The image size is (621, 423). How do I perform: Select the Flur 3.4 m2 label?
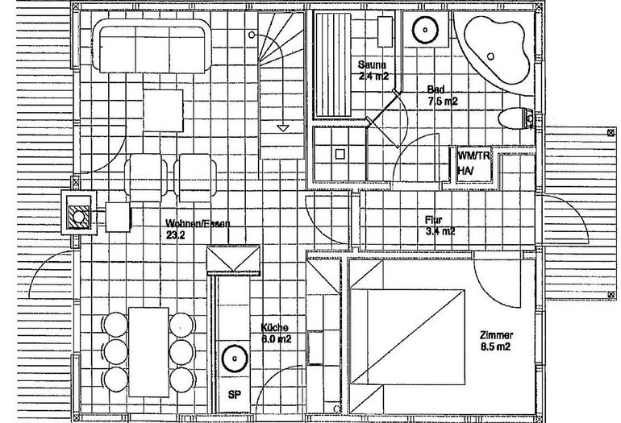(440, 225)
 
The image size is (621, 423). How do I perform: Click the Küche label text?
(274, 334)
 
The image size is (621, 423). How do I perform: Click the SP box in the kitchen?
(235, 394)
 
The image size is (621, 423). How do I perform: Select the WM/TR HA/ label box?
(469, 162)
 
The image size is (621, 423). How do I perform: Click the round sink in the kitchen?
(235, 356)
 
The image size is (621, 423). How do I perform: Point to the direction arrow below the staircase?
(281, 127)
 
